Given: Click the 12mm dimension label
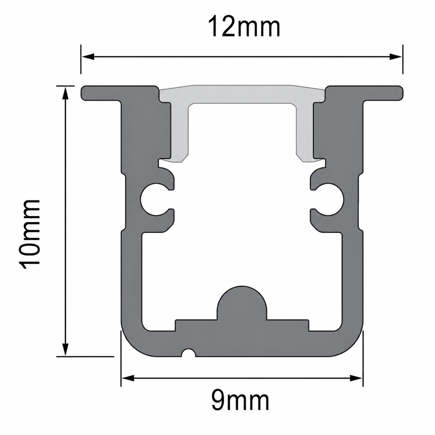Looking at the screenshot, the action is [244, 27].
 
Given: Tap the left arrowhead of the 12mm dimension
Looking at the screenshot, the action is [87, 57].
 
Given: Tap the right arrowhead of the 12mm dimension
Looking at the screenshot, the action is [396, 57].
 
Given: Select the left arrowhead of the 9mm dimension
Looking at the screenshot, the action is [128, 378].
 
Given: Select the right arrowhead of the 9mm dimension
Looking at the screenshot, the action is [356, 378].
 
